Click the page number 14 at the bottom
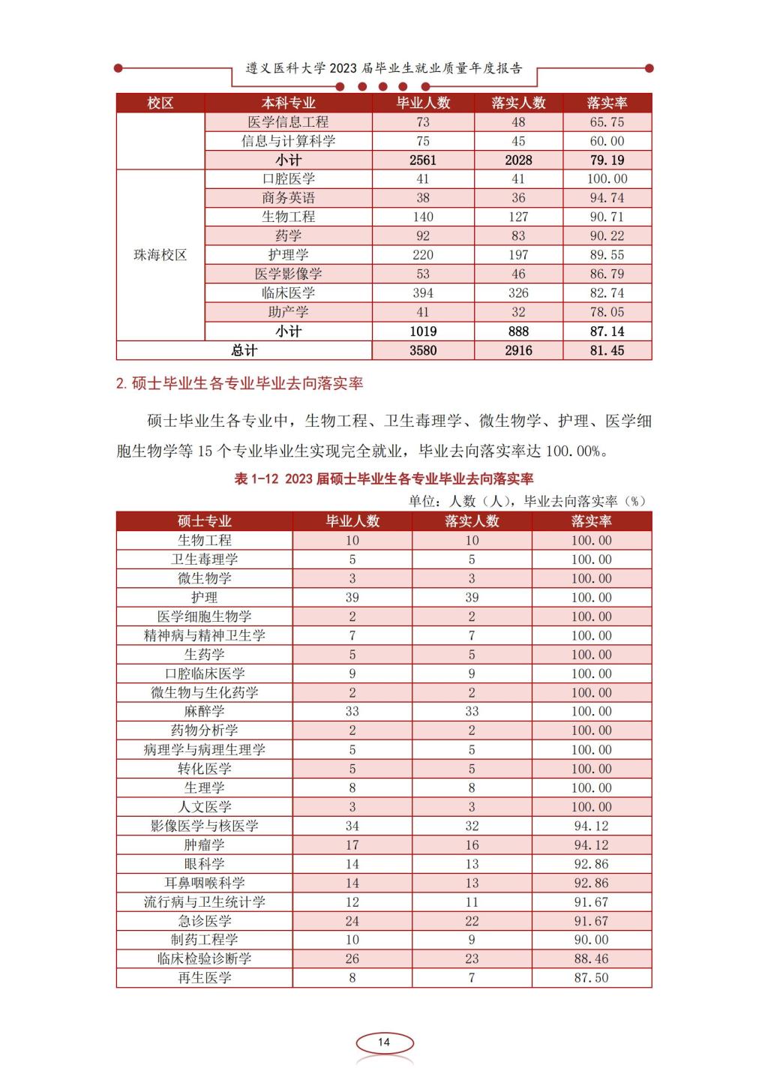[x=384, y=1042]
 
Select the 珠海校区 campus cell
[x=160, y=255]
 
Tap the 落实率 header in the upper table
[x=607, y=103]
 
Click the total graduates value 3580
[x=423, y=350]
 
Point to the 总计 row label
[x=244, y=350]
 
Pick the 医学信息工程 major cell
[x=288, y=122]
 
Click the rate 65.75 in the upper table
[x=607, y=122]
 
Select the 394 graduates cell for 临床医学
[x=423, y=293]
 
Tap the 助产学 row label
[x=288, y=312]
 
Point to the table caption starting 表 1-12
[x=383, y=478]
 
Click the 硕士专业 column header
[x=204, y=521]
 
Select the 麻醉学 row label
[x=204, y=711]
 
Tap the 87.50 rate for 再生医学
[x=591, y=978]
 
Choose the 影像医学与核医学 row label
[x=204, y=826]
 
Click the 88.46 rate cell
[x=591, y=958]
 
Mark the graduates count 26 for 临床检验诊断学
[x=352, y=958]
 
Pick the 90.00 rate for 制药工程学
[x=591, y=940]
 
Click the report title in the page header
[x=384, y=68]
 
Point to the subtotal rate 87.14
[x=607, y=331]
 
